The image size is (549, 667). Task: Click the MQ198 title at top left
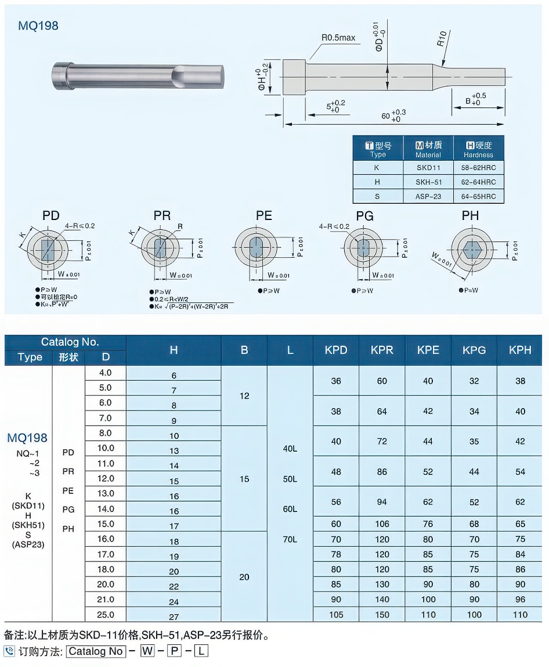(38, 26)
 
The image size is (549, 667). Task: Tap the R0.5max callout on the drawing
(338, 38)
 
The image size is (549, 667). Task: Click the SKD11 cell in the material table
(428, 168)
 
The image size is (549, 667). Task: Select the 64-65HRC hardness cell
(478, 197)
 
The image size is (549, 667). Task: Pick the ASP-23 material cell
(428, 197)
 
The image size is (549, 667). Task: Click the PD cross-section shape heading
(51, 216)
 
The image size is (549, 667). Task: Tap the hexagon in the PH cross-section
(471, 250)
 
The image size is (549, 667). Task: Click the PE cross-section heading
(264, 216)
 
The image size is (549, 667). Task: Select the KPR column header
(382, 350)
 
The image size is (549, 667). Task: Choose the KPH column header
(520, 350)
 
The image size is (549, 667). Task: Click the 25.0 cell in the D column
(106, 615)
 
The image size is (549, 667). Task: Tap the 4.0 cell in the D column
(106, 373)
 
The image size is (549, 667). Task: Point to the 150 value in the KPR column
(382, 615)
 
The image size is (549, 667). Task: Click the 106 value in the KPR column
(382, 524)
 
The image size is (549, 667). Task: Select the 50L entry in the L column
(290, 479)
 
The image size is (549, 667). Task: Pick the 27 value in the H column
(174, 617)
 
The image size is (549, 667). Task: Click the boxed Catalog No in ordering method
(96, 651)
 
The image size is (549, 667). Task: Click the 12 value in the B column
(244, 396)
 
